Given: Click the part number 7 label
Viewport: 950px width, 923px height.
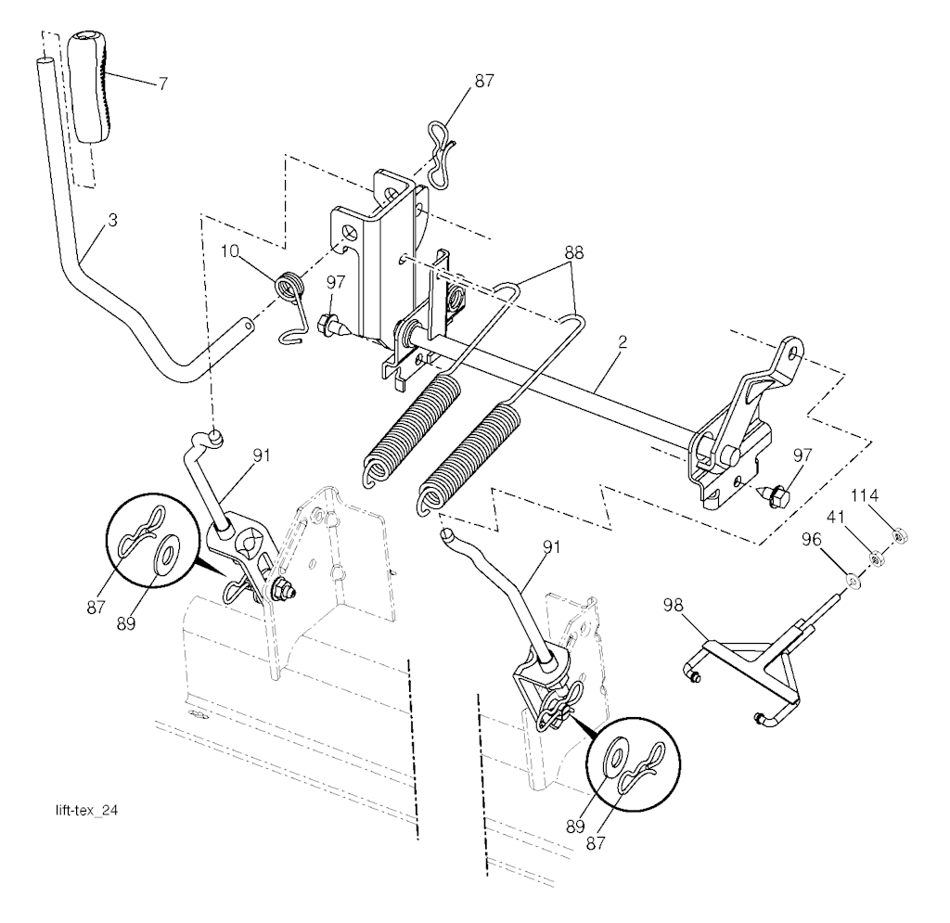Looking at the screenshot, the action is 162,83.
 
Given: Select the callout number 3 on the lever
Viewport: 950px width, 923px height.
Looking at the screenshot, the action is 112,221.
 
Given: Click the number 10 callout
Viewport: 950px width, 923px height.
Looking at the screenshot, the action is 230,250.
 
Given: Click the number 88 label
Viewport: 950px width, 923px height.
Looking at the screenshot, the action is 573,252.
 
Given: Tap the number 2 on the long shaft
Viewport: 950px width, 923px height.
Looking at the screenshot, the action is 623,341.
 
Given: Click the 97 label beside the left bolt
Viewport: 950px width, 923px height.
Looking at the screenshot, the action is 335,282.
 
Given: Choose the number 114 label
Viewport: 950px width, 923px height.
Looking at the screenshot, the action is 864,496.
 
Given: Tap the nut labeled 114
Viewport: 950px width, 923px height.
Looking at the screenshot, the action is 899,534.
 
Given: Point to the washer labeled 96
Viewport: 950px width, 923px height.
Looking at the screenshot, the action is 854,583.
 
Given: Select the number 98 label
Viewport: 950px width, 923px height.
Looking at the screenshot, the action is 674,606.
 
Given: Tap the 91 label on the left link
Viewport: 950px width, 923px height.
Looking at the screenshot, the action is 262,455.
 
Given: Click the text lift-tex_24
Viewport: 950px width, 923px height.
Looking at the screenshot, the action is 86,811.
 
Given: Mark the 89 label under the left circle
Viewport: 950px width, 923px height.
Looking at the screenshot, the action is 126,623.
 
